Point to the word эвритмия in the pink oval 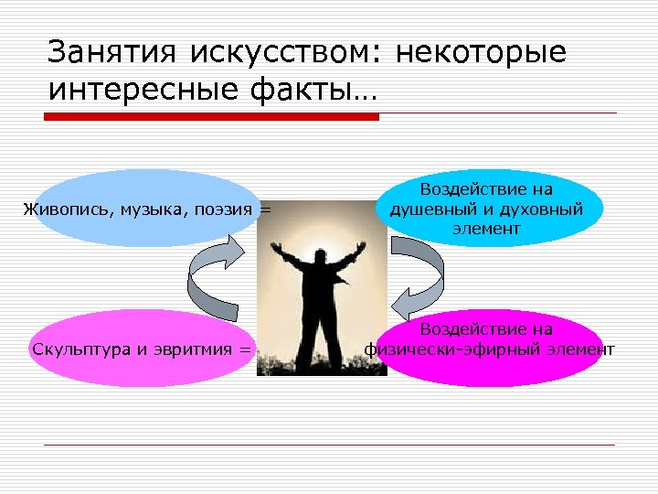coord(194,349)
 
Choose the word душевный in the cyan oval coord(429,209)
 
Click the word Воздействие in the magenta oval coord(486,329)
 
